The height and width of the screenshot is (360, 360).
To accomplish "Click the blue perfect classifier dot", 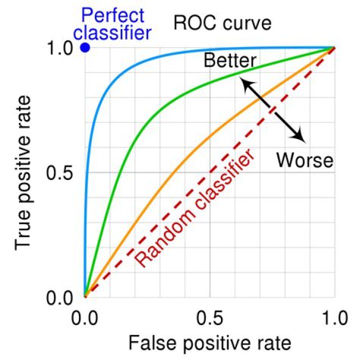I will pyautogui.click(x=85, y=48).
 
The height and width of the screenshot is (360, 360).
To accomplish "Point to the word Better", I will pyautogui.click(x=230, y=60).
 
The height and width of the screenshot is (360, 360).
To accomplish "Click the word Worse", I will pyautogui.click(x=304, y=160).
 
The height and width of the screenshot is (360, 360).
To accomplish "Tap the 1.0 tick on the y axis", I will pyautogui.click(x=62, y=48).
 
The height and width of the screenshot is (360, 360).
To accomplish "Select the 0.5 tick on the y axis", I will pyautogui.click(x=62, y=173).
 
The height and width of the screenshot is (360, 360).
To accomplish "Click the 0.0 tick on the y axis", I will pyautogui.click(x=62, y=298).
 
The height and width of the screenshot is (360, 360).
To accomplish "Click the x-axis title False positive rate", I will pyautogui.click(x=209, y=344).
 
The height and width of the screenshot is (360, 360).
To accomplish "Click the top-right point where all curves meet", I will pyautogui.click(x=334, y=48).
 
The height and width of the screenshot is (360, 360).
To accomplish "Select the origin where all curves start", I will pyautogui.click(x=85, y=297).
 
